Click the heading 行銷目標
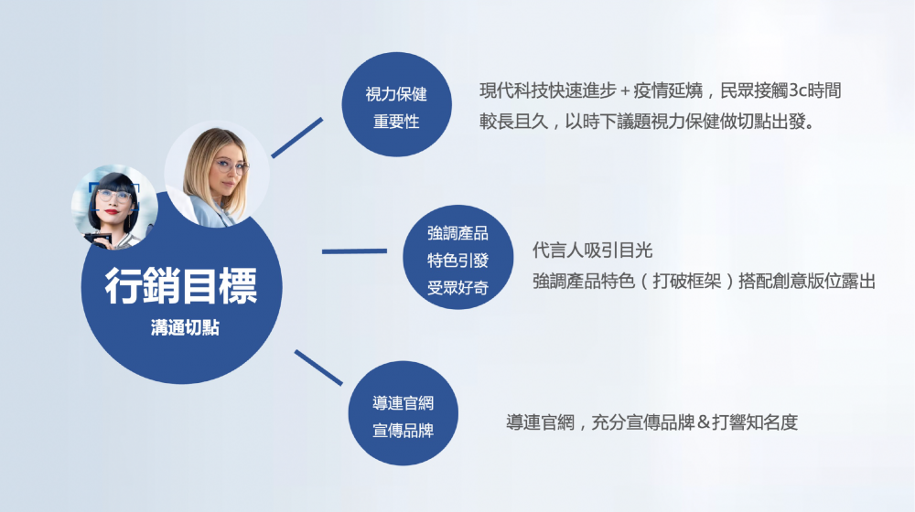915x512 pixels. point(181,286)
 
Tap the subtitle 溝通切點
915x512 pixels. point(185,327)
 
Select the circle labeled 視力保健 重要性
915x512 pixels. point(397,104)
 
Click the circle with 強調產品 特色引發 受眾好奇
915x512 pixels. point(458,257)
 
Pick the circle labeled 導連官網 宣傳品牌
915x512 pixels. point(404,413)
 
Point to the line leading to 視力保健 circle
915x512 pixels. point(297,138)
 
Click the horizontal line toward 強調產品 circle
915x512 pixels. point(354,251)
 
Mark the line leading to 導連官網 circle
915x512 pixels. point(318,368)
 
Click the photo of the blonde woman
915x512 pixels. point(217,174)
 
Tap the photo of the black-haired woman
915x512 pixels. point(114,207)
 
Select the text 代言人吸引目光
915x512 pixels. point(592,251)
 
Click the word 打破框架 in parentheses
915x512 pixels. point(687,281)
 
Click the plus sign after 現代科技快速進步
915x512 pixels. point(625,91)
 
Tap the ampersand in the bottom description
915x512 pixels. point(703,422)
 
